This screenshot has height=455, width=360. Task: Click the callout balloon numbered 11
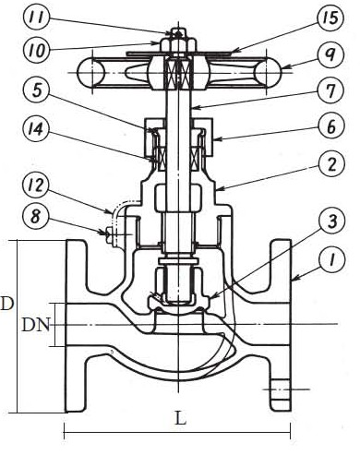[36, 18]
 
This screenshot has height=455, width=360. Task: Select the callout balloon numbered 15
[330, 18]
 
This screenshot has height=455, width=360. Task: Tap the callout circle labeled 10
[36, 50]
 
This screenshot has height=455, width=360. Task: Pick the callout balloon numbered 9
[330, 55]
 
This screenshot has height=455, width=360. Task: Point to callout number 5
[36, 90]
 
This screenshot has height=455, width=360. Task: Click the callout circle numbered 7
[330, 91]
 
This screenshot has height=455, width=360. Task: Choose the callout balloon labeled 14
[36, 129]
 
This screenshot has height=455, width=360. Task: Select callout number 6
[330, 126]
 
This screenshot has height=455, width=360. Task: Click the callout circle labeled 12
[36, 185]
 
